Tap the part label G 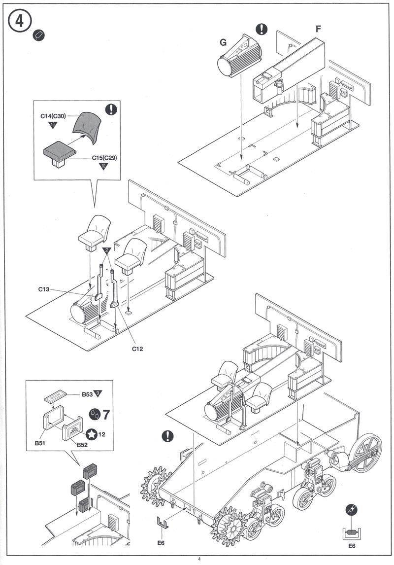(x=223, y=42)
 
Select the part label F (x=318, y=29)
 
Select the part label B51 (x=41, y=443)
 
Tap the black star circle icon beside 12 (x=91, y=435)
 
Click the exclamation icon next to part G (x=262, y=29)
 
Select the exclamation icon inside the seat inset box (x=111, y=109)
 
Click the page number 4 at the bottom (x=199, y=559)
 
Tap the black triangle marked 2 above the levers (x=106, y=251)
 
